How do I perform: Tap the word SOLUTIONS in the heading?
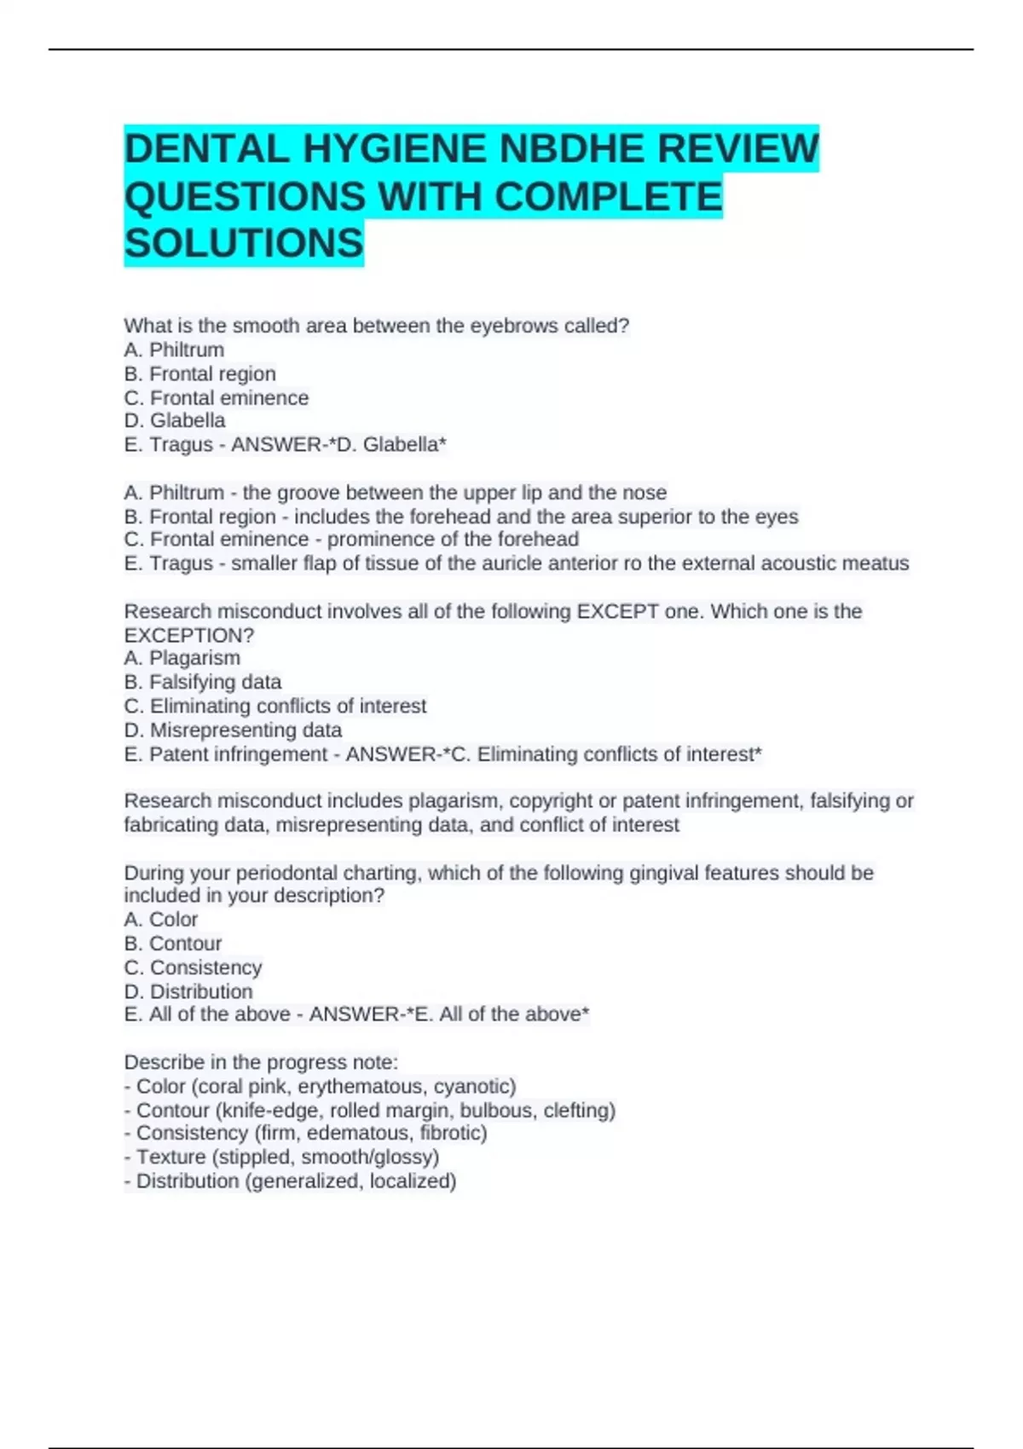click(244, 244)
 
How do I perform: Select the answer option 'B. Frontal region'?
click(199, 374)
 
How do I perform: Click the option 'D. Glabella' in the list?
click(175, 421)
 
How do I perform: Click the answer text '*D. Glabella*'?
click(392, 445)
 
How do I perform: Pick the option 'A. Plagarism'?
click(182, 658)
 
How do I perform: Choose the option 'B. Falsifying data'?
click(202, 682)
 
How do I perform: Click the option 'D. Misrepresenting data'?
click(233, 730)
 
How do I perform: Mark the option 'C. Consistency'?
click(193, 968)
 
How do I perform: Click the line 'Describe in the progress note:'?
click(261, 1062)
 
